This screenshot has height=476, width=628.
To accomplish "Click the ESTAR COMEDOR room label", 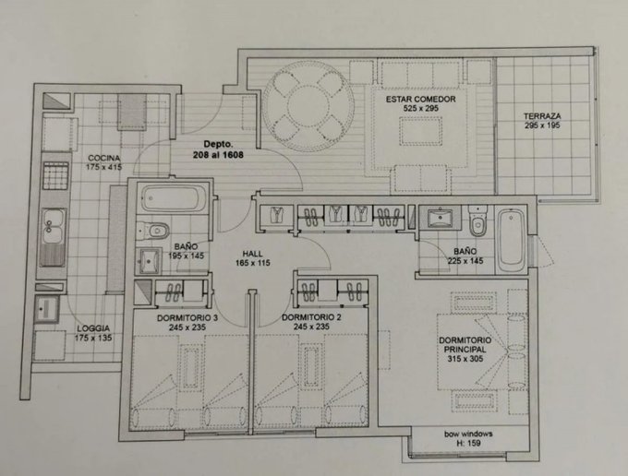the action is coord(420,99).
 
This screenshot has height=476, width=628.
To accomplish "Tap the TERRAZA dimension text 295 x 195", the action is coord(542,125).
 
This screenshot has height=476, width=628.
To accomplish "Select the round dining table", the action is coord(308,106).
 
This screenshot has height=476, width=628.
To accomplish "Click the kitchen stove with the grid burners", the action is coord(55,175).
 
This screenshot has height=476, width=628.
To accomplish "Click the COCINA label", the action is coord(103,158).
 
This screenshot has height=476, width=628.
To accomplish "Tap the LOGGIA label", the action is coord(93,328).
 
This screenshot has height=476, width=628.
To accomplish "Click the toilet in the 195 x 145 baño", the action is coord(152,231).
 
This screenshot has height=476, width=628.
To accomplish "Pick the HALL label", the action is coord(253,254).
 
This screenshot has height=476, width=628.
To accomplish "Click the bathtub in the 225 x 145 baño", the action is coord(512,237).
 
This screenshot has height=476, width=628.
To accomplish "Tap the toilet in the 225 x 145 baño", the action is coord(477,221).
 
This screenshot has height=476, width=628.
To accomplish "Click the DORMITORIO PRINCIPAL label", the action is coord(465,345).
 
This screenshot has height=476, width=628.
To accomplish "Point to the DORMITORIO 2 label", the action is coord(311,317).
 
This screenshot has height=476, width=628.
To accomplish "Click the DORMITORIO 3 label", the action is coord(187,318).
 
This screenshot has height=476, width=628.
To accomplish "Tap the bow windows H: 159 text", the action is coord(468,438).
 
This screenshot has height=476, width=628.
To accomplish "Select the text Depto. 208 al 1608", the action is coord(218,149).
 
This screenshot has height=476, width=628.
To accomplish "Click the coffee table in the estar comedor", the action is coord(421,131).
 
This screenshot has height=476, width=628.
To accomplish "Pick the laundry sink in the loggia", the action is coord(47,309).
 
